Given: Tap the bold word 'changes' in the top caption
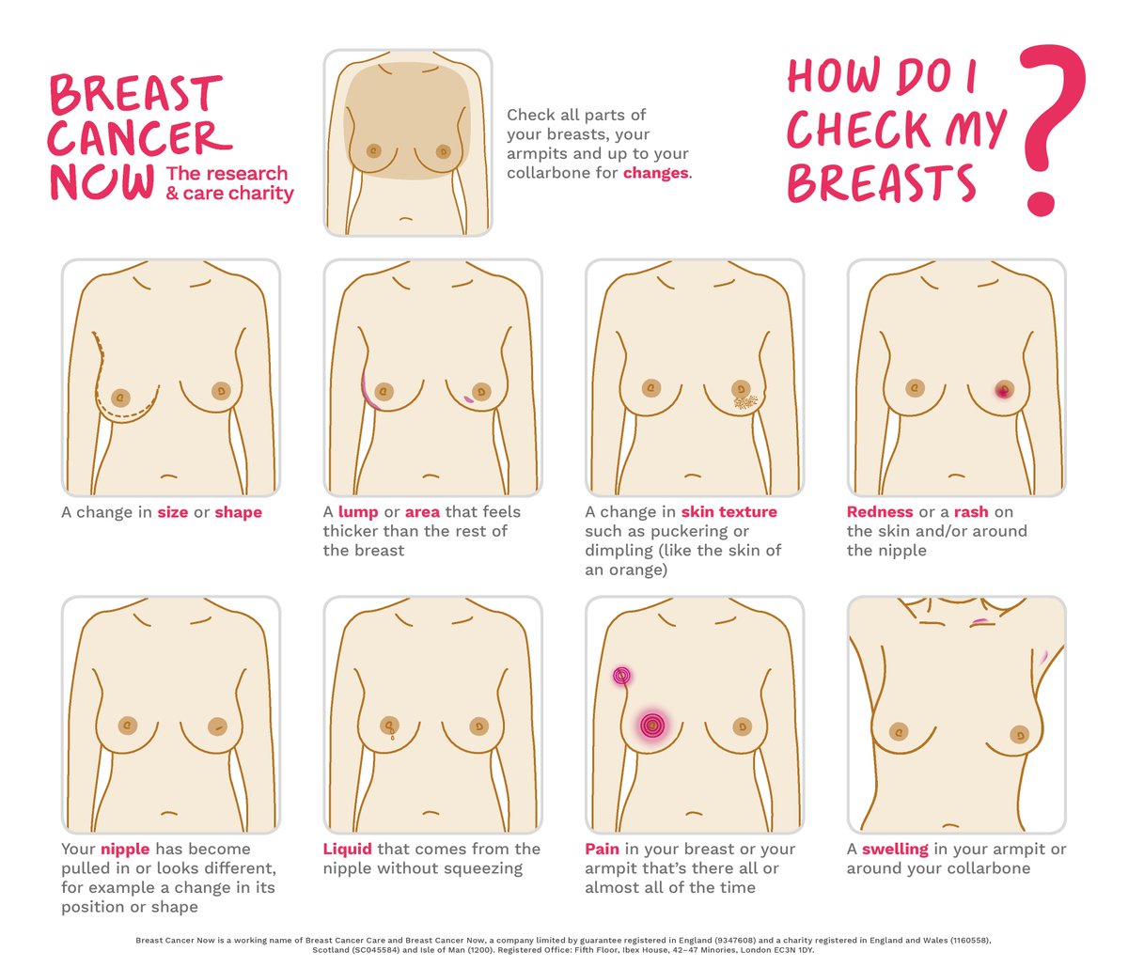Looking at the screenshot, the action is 656,173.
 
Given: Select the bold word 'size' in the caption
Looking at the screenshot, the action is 173,512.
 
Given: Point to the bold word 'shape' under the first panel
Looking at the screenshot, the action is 238,513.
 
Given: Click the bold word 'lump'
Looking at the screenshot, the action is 358,512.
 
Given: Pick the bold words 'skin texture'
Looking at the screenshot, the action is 729,512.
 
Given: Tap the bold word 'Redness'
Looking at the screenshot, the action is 880,512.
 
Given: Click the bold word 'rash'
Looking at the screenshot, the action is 971,512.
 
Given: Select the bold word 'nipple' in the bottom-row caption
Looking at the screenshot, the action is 125,850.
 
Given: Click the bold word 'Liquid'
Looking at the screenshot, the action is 348,850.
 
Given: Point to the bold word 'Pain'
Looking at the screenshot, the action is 602,850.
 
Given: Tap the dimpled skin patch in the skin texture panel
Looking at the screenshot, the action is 745,401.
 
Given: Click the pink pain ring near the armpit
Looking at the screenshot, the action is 621,675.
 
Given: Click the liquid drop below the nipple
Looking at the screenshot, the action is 392,738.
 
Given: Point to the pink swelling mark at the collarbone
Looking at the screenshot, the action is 979,621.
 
